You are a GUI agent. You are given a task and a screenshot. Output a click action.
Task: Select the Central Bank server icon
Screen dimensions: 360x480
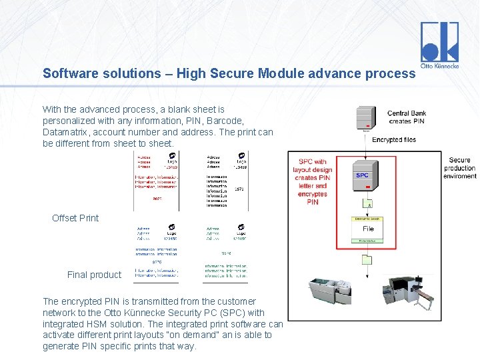pyautogui.click(x=365, y=118)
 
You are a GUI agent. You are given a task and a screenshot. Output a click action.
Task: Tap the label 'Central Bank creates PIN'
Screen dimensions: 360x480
pyautogui.click(x=407, y=117)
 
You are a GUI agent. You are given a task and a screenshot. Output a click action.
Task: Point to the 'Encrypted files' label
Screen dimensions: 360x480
pyautogui.click(x=394, y=139)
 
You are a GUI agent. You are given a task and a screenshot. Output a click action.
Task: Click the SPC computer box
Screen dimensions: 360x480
pyautogui.click(x=363, y=175)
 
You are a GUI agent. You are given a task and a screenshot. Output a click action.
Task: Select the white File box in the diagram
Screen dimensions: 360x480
pyautogui.click(x=368, y=229)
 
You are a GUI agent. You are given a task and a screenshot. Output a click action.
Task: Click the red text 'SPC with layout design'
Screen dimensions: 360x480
pyautogui.click(x=313, y=165)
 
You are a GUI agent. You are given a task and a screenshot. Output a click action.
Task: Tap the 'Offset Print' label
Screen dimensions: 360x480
pyautogui.click(x=75, y=218)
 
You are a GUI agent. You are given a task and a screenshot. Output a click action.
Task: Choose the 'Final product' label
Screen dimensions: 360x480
pyautogui.click(x=94, y=275)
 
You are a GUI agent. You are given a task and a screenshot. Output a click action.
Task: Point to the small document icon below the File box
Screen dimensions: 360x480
pyautogui.click(x=366, y=259)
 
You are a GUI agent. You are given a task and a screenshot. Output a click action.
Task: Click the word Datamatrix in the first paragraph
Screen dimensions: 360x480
pyautogui.click(x=66, y=132)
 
